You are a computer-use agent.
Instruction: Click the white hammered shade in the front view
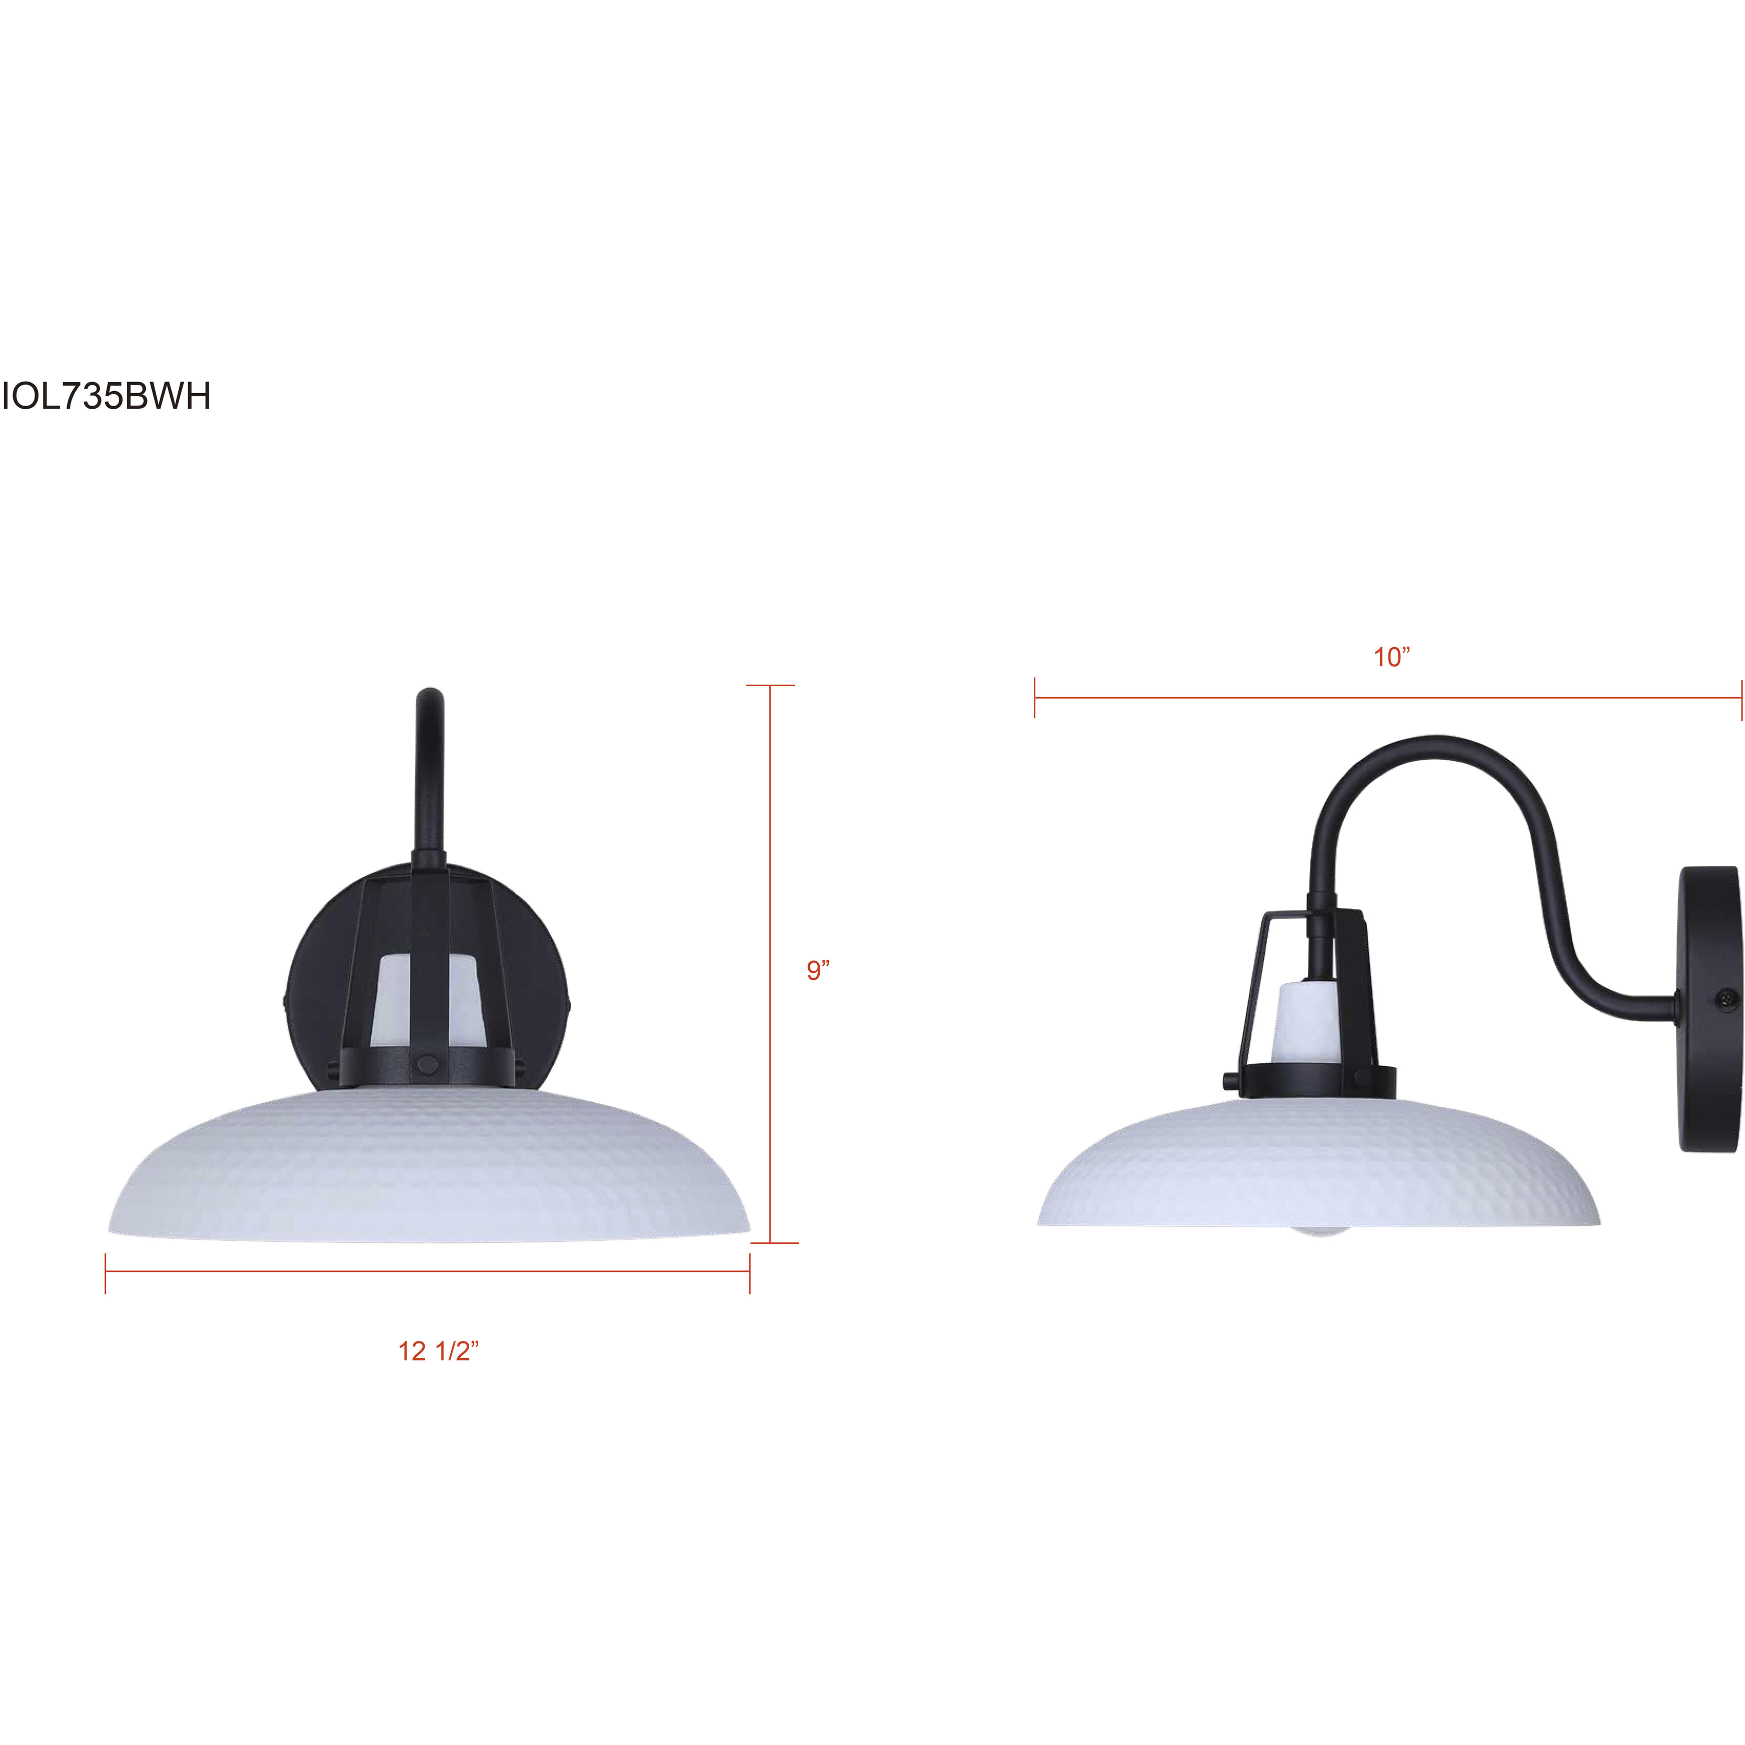point(428,1165)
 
